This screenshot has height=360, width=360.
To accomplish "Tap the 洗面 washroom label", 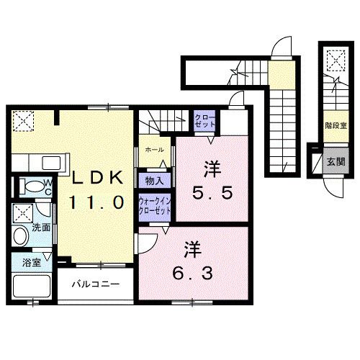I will tap(40, 228).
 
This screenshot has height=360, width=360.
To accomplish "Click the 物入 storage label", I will tap(153, 181).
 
